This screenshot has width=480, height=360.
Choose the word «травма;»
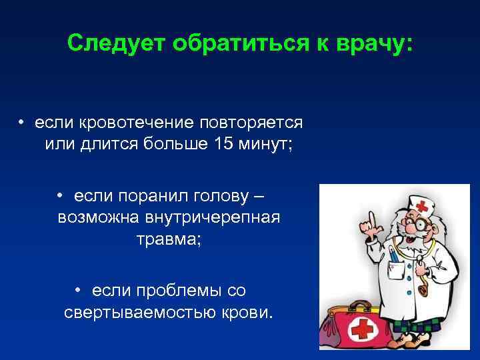point(168,239)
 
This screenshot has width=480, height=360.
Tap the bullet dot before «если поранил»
point(59,197)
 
